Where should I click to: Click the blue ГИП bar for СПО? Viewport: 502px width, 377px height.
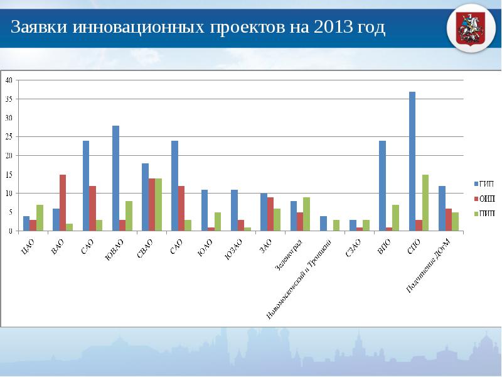click(412, 161)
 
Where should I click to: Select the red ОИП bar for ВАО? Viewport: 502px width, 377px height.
click(63, 203)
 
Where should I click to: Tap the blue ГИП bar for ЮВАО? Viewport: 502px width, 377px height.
click(115, 178)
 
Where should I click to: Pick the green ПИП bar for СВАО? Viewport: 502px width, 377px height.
click(159, 205)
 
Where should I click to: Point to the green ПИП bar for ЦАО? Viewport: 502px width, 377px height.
click(40, 218)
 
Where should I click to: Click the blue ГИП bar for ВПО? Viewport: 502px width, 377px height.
click(382, 186)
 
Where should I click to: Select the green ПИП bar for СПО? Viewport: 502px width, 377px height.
click(425, 203)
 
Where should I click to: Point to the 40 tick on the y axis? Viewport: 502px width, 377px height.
click(9, 80)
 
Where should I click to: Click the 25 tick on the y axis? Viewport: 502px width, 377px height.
click(9, 137)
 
